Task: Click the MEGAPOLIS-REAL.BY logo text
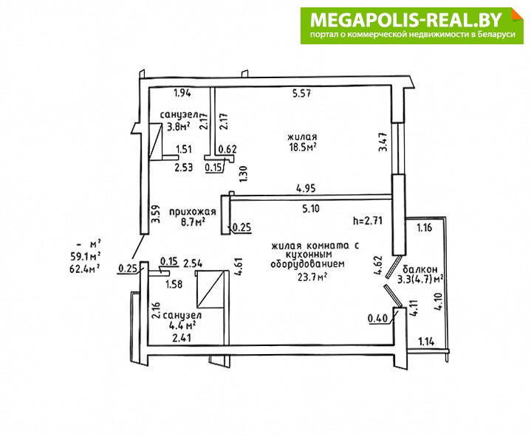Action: (405, 20)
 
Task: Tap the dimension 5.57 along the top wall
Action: (302, 93)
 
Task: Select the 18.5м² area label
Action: (302, 148)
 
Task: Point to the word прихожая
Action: (192, 212)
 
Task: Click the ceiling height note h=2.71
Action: (368, 221)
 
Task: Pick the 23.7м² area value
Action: (312, 277)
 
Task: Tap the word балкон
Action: (420, 269)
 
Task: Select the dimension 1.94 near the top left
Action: (182, 93)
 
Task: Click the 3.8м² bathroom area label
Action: (179, 127)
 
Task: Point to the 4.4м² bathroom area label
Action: (182, 326)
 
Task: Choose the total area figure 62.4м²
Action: (84, 269)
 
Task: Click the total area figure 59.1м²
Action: (84, 256)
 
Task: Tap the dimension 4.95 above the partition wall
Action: (306, 187)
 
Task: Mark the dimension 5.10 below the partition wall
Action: (311, 209)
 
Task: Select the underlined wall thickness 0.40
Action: (377, 318)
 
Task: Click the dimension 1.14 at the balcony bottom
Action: (426, 342)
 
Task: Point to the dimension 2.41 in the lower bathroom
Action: (182, 338)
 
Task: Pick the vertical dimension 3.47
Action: (383, 142)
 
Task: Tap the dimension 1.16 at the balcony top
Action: (425, 227)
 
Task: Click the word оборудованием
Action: (307, 264)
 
